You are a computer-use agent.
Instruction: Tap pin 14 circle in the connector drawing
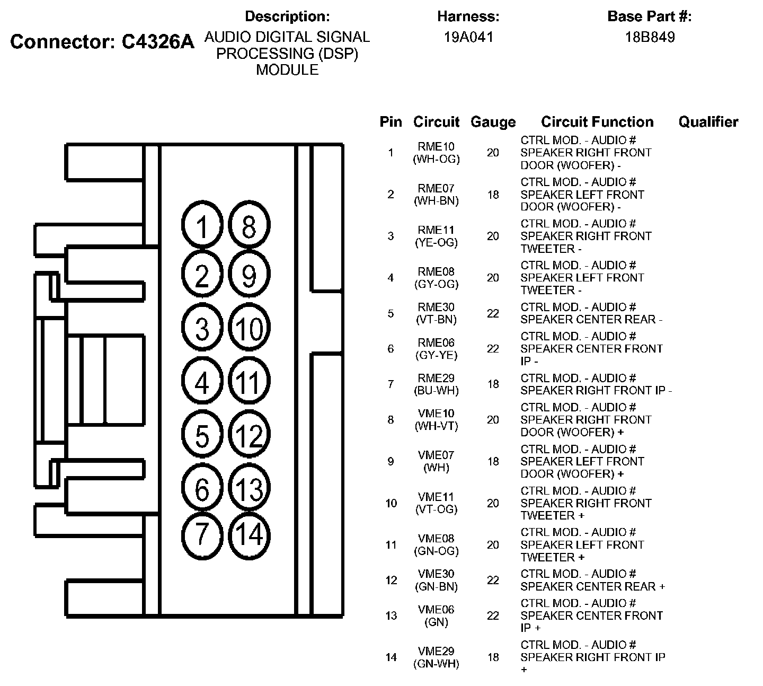pos(249,534)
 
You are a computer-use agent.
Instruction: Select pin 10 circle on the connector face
pos(249,329)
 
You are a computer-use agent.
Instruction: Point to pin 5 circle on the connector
pos(202,436)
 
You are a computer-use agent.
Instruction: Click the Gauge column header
pos(493,122)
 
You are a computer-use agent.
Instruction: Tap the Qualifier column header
pos(708,122)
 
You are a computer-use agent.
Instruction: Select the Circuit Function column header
pos(597,122)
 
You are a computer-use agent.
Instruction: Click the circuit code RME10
pos(436,146)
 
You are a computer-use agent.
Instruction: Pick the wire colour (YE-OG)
pos(436,243)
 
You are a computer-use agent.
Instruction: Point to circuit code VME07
pos(436,455)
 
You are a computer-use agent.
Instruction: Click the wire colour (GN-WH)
pos(436,664)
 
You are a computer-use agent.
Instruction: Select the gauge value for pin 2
pos(493,195)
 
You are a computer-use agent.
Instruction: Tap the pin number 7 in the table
pos(391,384)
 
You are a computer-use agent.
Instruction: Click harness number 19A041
pos(468,37)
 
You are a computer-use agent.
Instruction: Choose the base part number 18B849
pos(649,37)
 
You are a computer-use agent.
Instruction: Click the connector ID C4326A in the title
pos(158,42)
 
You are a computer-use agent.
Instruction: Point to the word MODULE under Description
pos(287,70)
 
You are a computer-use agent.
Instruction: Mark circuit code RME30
pos(436,307)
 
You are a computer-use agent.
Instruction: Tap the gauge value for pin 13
pos(493,615)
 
